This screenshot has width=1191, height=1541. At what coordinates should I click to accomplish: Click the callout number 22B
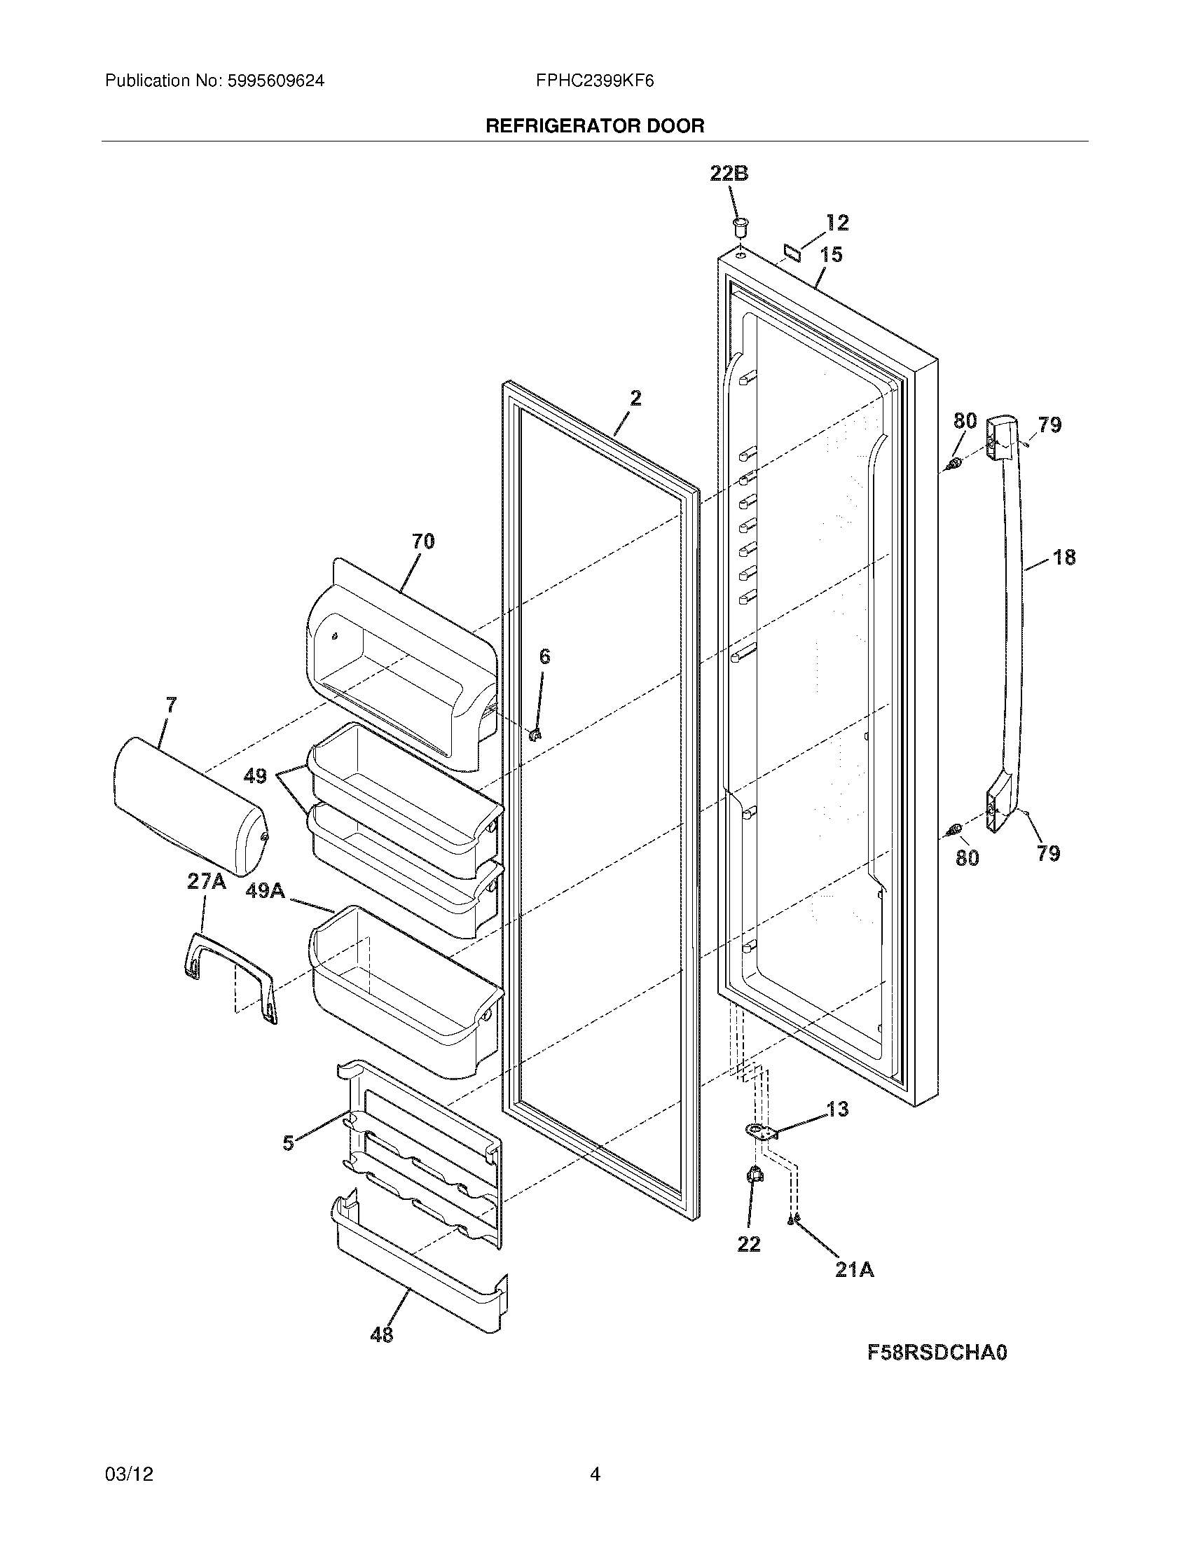729,174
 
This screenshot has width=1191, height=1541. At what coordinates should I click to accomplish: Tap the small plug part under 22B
739,228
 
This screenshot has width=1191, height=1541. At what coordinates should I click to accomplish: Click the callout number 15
832,254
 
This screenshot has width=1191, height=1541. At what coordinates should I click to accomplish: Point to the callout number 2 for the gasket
635,399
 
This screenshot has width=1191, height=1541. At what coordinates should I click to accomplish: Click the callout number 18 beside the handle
1064,558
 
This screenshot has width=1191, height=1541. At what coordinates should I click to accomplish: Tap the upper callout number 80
965,421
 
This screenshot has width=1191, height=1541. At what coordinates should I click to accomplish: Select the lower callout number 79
1048,853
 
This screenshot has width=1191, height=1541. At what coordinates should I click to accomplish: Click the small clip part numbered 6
534,735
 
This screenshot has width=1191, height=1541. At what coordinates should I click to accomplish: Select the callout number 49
255,776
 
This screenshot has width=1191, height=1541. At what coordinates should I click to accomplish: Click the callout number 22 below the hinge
749,1245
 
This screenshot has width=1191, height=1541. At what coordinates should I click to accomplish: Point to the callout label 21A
855,1270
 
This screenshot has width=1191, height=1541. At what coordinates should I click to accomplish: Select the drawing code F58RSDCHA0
936,1353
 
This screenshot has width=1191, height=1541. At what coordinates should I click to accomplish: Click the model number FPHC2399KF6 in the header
594,81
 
